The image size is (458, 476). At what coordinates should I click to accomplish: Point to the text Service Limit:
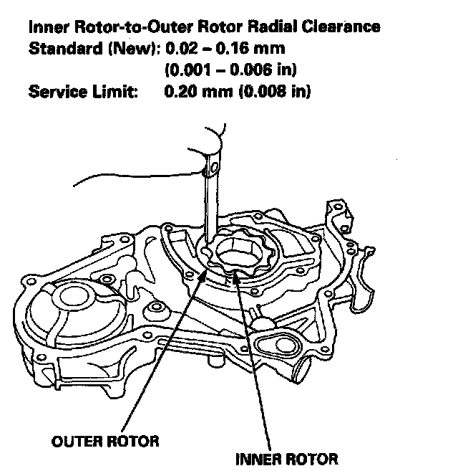[82, 92]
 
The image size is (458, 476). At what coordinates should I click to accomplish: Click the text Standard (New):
[94, 50]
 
